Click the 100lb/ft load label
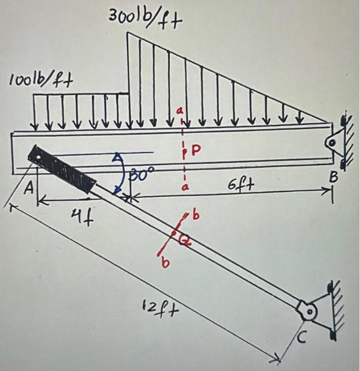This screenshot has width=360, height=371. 41,81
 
